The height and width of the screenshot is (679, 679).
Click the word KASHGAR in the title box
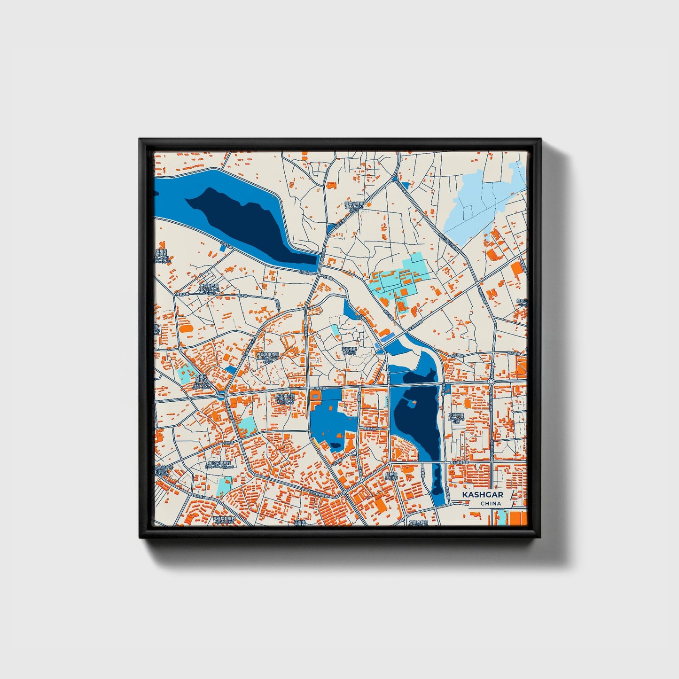pos(482,495)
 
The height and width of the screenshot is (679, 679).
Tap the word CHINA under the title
pos(490,503)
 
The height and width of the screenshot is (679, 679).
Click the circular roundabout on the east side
pos(491,382)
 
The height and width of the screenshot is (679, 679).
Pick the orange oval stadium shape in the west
pos(186,328)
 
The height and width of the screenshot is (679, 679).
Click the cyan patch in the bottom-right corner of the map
pos(502,517)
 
